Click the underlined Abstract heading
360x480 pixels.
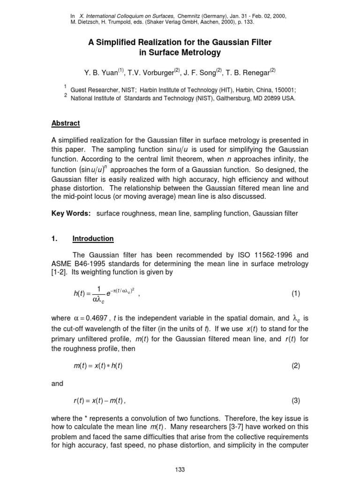click(x=66, y=123)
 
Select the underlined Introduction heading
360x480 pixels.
click(x=93, y=239)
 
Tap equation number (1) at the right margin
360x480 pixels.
click(x=295, y=294)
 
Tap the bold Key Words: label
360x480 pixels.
click(x=71, y=214)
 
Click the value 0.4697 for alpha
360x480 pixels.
click(x=96, y=318)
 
